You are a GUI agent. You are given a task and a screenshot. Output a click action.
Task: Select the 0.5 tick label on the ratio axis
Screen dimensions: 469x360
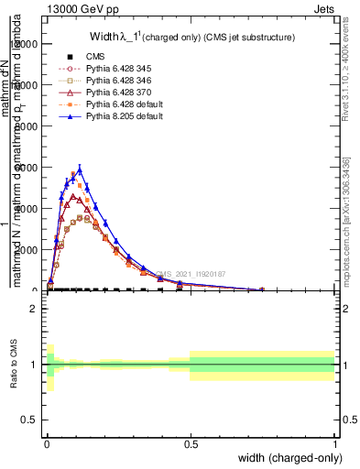point(29,420)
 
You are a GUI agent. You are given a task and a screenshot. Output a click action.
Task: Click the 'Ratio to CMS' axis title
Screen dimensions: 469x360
point(14,365)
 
